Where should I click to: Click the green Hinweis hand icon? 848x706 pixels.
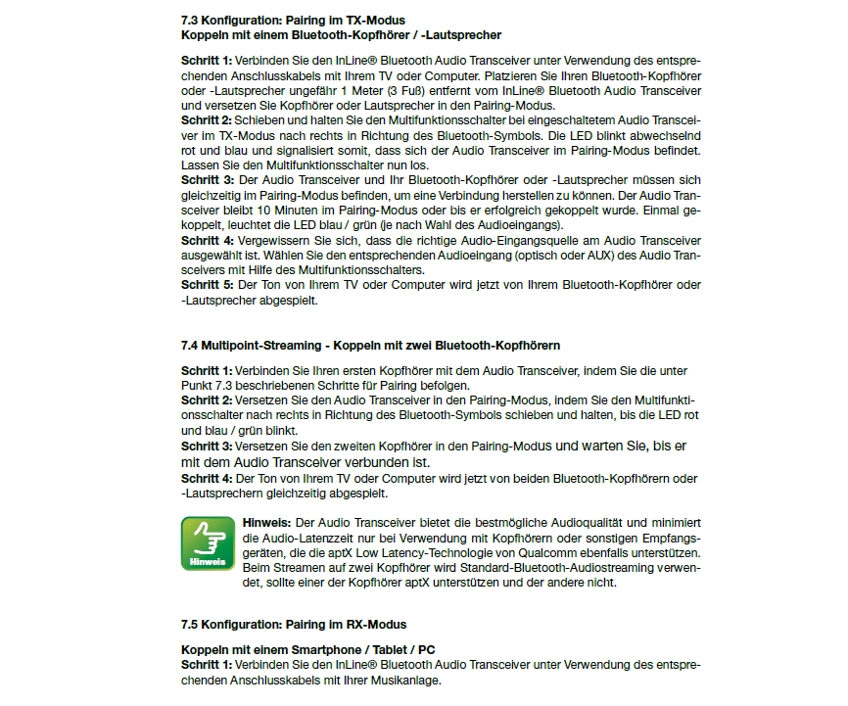(208, 543)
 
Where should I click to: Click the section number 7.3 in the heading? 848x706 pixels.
(190, 20)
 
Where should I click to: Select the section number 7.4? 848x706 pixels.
(190, 346)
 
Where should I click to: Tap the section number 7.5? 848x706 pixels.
(190, 624)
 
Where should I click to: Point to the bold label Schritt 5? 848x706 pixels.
(207, 285)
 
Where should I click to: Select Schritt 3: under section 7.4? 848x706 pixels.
(207, 446)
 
